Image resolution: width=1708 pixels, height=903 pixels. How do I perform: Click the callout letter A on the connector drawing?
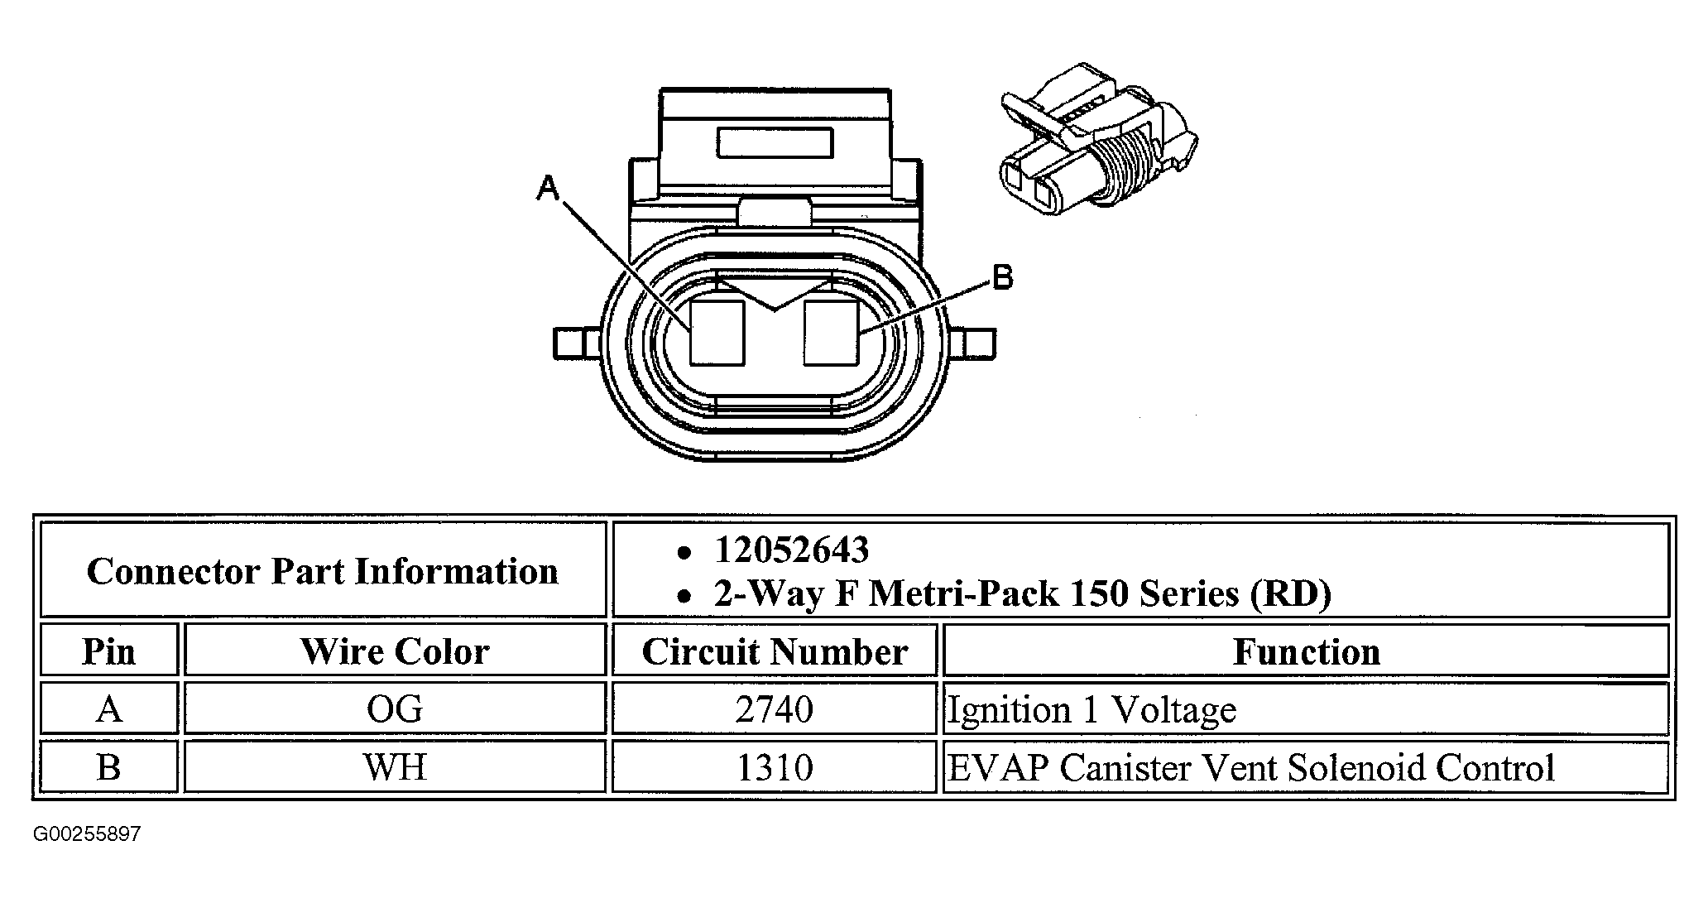pos(548,188)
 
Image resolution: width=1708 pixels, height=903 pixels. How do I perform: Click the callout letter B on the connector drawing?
pos(1002,277)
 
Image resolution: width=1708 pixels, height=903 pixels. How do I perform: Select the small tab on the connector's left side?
pos(578,343)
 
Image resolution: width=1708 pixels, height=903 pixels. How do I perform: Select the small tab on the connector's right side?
pos(972,343)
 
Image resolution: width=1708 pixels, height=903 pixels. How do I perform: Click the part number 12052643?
pos(792,550)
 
